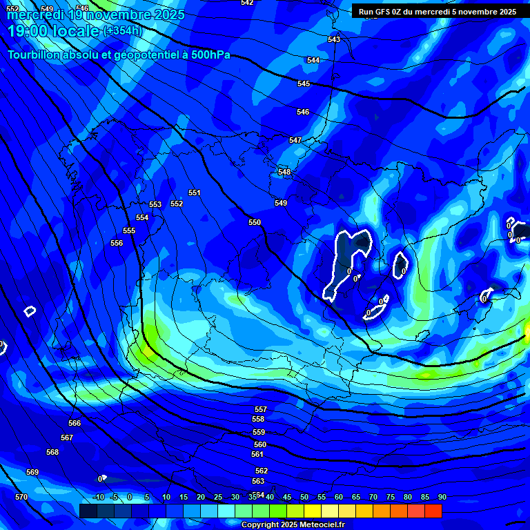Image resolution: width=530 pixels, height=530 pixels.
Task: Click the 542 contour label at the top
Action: pyautogui.click(x=247, y=3)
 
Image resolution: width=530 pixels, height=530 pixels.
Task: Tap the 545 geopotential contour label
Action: pyautogui.click(x=304, y=84)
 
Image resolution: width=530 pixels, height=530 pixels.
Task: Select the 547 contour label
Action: pyautogui.click(x=295, y=140)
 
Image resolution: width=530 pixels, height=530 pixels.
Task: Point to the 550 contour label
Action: pyautogui.click(x=255, y=222)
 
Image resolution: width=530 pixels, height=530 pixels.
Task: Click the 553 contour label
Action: pyautogui.click(x=155, y=204)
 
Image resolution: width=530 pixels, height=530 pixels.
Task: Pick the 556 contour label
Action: pyautogui.click(x=117, y=243)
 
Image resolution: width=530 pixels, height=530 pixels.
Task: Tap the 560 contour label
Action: pyautogui.click(x=259, y=444)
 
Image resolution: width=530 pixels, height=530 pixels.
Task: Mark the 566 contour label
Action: pyautogui.click(x=75, y=423)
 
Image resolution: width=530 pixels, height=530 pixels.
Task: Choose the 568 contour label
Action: pyautogui.click(x=52, y=452)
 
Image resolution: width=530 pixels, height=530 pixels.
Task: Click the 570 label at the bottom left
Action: pyautogui.click(x=21, y=497)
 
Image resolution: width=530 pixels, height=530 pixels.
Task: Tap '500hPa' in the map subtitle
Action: pyautogui.click(x=208, y=55)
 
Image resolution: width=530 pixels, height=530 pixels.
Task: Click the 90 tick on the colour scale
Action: pyautogui.click(x=442, y=497)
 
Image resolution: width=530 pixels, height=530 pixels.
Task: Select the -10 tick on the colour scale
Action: pyautogui.click(x=98, y=497)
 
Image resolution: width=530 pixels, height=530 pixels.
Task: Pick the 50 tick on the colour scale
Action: pyautogui.click(x=304, y=497)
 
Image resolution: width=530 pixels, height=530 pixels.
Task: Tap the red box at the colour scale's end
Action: pyautogui.click(x=433, y=511)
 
